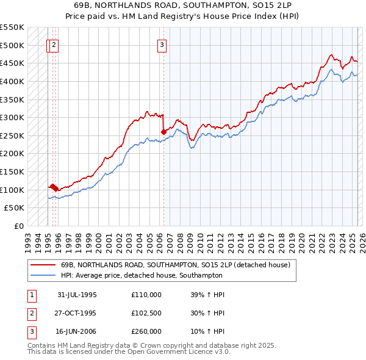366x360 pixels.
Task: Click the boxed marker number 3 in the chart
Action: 162,44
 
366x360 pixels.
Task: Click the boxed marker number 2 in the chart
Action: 54,44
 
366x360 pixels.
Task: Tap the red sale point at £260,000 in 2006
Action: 163,131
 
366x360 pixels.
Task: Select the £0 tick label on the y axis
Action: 18,226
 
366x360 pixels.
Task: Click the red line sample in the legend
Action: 43,265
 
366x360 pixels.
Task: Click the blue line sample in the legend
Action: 43,275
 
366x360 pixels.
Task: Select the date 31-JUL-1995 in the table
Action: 77,295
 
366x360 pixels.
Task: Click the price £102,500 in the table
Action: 146,313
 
